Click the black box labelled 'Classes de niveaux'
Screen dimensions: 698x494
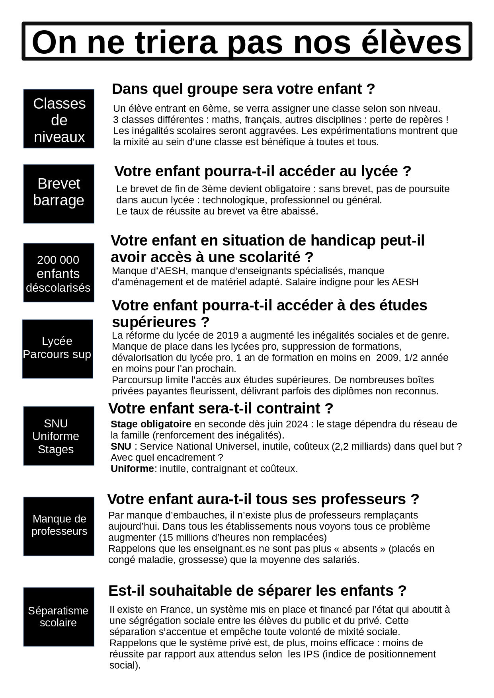59,119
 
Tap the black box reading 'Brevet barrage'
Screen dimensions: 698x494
59,194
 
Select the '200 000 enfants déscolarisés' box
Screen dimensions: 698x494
59,273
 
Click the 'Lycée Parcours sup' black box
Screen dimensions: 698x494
57,349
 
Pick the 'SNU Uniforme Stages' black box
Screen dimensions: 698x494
59,436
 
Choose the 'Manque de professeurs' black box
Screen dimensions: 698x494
59,526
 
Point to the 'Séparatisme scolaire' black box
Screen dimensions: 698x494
59,616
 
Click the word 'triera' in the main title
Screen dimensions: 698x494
176,42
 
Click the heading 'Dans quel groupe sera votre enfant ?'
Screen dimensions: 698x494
243,89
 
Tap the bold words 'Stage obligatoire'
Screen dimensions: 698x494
151,424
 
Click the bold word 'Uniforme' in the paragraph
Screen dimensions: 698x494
132,469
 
